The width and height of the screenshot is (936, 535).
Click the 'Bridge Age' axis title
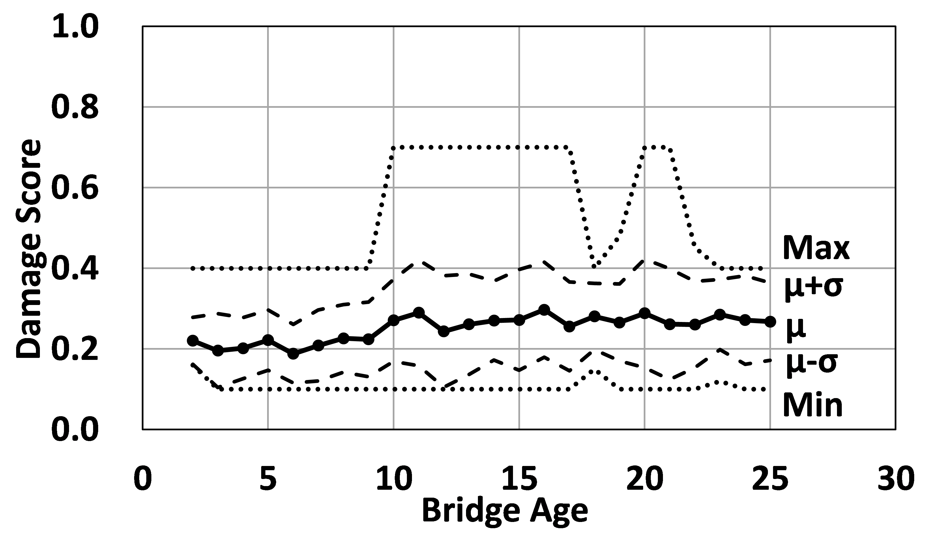point(505,511)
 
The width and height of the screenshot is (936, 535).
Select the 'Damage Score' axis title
point(28,249)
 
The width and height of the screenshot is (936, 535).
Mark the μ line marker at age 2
point(193,340)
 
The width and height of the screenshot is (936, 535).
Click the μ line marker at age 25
point(770,321)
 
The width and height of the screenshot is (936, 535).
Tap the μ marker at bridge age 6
point(293,353)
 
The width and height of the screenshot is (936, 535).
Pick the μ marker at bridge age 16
point(544,310)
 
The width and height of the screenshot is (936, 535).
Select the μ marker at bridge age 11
point(418,313)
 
